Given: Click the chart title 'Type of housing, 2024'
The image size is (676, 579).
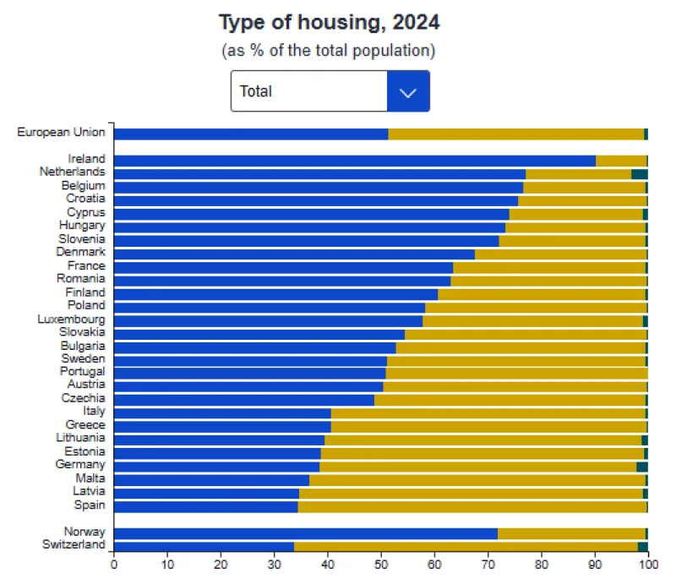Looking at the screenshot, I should pos(329,21).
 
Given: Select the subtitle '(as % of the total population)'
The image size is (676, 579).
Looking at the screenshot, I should pos(329,51).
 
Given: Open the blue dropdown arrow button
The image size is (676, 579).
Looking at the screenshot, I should pos(408,91).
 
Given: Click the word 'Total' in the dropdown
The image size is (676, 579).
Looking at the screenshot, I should pos(256,91).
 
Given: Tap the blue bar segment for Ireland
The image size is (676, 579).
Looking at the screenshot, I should pos(355,161).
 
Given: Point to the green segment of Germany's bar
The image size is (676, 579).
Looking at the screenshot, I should pos(642,466).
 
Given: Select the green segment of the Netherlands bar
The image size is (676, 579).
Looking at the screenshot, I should pos(640,173).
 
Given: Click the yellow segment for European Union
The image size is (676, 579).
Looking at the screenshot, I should pos(515,134).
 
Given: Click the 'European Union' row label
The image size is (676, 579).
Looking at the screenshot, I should pos(61,132).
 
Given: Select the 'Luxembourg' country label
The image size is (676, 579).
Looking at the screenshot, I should pos(71,319).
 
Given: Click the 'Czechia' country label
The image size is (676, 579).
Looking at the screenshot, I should pos(83,398).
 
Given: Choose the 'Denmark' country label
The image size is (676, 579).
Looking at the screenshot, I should pos(80,252).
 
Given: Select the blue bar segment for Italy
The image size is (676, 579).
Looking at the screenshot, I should pos(222,413).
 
